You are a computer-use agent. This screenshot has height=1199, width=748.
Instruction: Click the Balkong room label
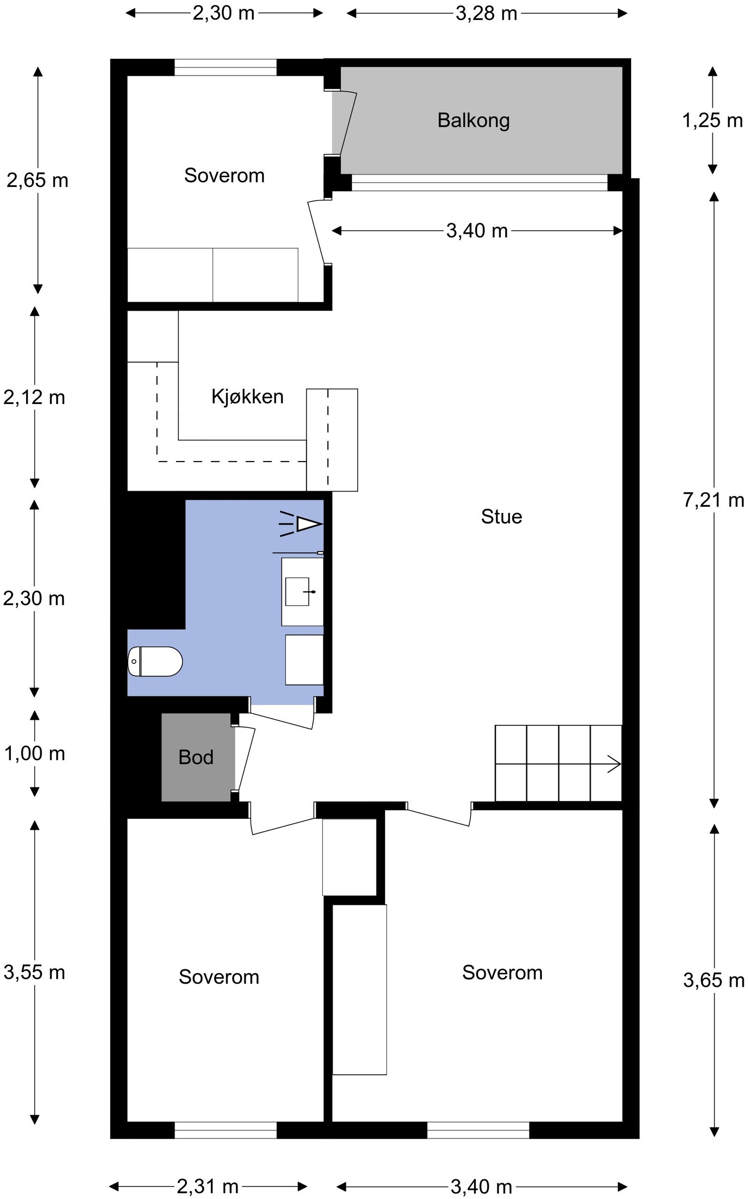click(474, 120)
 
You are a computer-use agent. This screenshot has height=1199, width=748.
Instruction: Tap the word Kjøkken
click(247, 397)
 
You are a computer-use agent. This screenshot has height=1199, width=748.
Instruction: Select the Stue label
click(501, 517)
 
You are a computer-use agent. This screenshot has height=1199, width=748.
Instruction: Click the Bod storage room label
click(196, 757)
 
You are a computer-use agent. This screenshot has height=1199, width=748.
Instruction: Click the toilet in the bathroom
click(155, 661)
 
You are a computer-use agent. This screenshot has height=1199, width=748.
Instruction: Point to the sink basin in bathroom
click(297, 592)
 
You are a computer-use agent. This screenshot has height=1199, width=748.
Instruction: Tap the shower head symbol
click(302, 524)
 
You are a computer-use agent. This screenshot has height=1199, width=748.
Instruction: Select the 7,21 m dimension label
click(713, 500)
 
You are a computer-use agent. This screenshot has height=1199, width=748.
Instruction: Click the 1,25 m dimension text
click(712, 120)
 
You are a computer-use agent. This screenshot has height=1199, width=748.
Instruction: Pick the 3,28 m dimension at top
click(486, 14)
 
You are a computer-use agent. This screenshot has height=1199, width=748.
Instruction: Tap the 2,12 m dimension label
click(34, 397)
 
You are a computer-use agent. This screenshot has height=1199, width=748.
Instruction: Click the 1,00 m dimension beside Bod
click(34, 753)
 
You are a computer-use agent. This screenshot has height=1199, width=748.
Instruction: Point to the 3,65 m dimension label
click(713, 980)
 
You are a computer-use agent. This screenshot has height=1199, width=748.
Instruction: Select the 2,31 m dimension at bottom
click(207, 1186)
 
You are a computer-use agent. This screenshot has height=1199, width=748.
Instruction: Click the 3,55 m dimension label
click(34, 972)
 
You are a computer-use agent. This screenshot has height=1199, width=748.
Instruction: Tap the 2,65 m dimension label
click(37, 180)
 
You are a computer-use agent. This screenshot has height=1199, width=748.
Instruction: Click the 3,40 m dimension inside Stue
click(476, 231)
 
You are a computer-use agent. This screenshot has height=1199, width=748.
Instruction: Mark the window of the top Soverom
click(225, 67)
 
